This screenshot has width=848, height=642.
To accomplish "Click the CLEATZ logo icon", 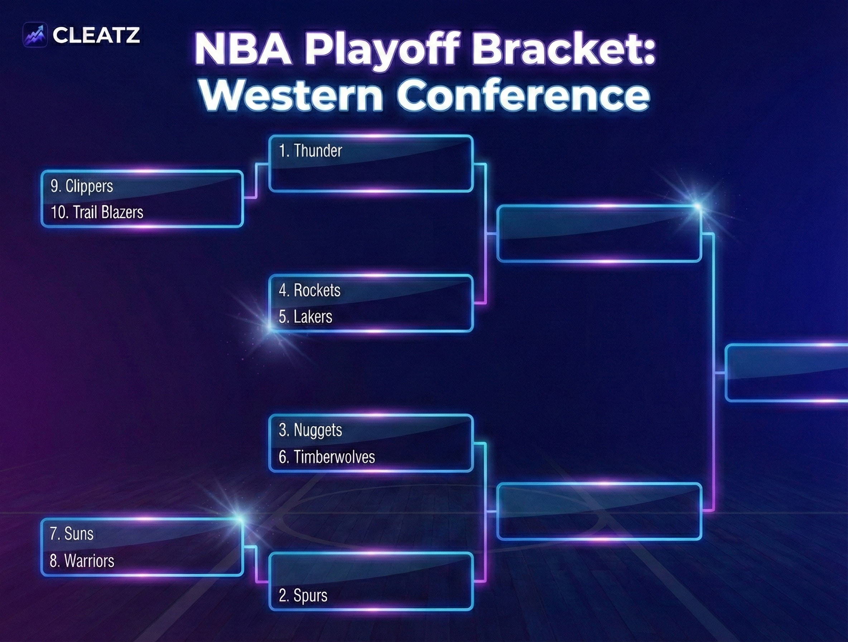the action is click(x=35, y=34).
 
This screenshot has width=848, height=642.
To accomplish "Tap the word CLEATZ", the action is click(x=96, y=35).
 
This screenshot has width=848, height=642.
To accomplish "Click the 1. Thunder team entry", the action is click(x=310, y=151).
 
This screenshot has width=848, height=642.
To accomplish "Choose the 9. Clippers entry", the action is click(x=82, y=186).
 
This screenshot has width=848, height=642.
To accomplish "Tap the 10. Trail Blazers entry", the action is click(x=97, y=212).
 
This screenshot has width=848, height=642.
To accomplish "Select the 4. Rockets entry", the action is click(x=309, y=290).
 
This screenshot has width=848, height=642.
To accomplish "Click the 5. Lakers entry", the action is click(x=305, y=317).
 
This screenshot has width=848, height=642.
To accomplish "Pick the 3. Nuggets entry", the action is click(x=310, y=430).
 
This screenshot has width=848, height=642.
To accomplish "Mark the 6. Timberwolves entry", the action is click(x=327, y=457).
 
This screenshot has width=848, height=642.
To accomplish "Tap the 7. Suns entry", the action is click(x=71, y=533).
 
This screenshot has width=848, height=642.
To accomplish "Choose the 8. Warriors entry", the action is click(x=82, y=561).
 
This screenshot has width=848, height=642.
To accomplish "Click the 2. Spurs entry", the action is click(x=303, y=595).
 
